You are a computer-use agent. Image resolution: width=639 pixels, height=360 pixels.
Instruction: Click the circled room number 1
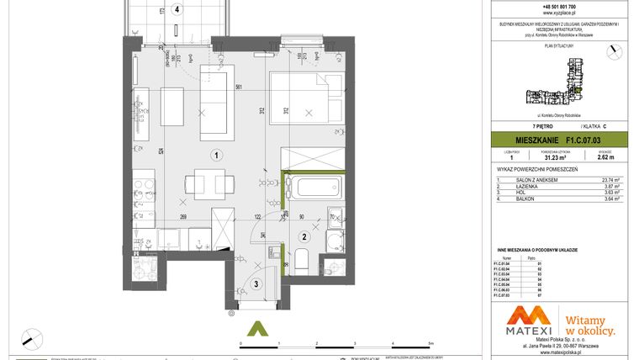216,155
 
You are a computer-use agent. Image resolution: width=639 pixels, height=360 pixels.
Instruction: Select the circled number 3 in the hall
256,284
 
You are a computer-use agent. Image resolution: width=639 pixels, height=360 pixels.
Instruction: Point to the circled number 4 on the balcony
176,10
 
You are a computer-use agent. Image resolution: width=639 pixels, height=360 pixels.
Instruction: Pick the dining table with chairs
203,184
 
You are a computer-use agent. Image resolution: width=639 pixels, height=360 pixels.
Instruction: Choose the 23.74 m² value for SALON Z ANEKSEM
607,179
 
